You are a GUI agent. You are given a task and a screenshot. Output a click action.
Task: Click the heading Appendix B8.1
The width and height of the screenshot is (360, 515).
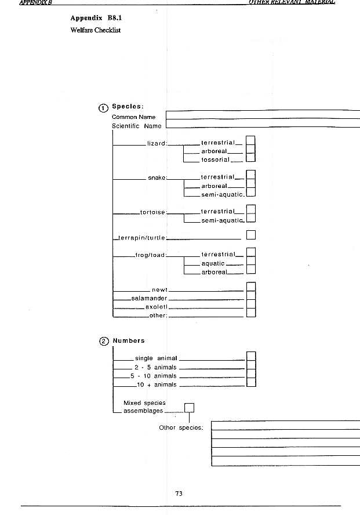pyautogui.click(x=94, y=18)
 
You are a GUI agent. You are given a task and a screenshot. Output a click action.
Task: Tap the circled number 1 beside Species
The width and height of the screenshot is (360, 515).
pyautogui.click(x=104, y=107)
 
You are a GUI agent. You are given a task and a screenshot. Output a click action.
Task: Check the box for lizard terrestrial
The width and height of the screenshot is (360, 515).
pyautogui.click(x=251, y=141)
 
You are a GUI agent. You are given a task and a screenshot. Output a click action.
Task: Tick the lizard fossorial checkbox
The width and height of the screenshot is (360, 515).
pyautogui.click(x=251, y=158)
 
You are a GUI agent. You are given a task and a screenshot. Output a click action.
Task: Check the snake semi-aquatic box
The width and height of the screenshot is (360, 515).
pyautogui.click(x=251, y=193)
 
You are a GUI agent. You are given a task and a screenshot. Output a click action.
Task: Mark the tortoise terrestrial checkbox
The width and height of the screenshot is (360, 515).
pyautogui.click(x=251, y=210)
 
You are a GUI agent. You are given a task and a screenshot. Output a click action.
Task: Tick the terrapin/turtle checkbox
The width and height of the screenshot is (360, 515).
pyautogui.click(x=251, y=235)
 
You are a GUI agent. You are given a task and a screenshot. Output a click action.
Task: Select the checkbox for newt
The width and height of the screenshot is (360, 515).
pyautogui.click(x=251, y=287)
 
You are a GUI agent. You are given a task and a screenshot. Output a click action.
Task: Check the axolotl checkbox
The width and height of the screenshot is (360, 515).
pyautogui.click(x=251, y=305)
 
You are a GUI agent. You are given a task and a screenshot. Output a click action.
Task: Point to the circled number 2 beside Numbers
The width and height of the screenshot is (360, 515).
pyautogui.click(x=104, y=341)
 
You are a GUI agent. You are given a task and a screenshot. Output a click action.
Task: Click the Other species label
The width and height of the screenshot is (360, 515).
pyautogui.click(x=181, y=428)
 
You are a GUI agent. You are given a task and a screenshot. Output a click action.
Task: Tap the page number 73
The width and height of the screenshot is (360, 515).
pyautogui.click(x=179, y=494)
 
